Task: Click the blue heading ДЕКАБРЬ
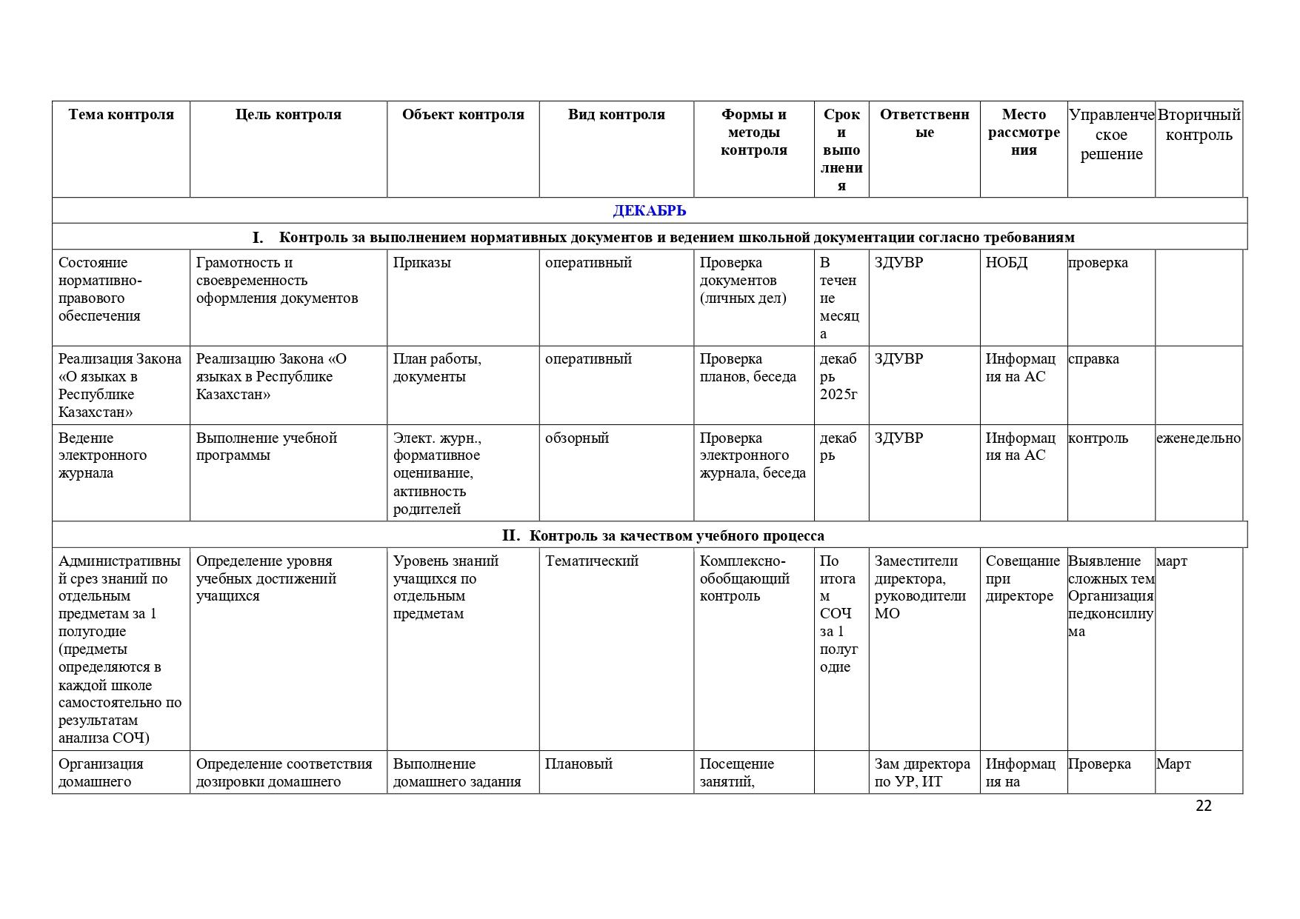(649, 211)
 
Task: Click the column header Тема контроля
(121, 115)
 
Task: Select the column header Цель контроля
(288, 115)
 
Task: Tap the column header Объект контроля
(463, 115)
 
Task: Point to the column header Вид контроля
(616, 115)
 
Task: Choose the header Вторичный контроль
(1199, 125)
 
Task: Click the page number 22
(1204, 806)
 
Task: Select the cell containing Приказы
(422, 263)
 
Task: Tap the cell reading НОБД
(1006, 263)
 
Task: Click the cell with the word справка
(1093, 359)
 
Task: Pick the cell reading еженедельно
(1198, 438)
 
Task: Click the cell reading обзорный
(577, 438)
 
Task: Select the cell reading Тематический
(592, 561)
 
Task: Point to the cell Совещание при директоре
(1022, 578)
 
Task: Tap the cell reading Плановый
(579, 764)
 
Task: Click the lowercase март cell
(1172, 561)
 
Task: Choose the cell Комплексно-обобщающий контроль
(744, 578)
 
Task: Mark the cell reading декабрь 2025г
(839, 376)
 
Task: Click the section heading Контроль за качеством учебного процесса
(676, 535)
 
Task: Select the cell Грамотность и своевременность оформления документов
(277, 281)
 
